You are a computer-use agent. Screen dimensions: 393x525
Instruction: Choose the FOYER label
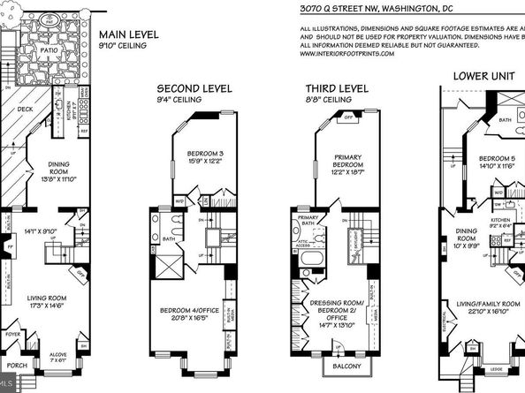(x=12, y=335)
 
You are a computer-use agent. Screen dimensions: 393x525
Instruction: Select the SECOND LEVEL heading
(x=194, y=89)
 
